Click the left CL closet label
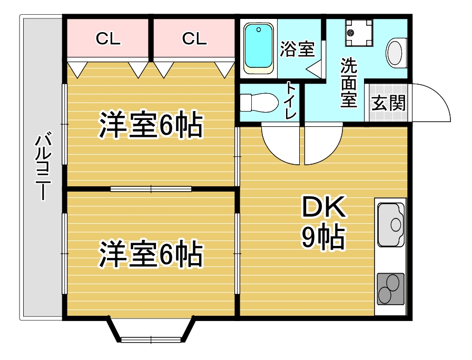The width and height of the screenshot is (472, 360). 108,38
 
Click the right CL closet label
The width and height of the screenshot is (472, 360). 194,38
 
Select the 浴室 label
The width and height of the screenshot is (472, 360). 297,49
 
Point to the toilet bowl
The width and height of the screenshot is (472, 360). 258,102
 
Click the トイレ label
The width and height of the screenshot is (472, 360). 291,101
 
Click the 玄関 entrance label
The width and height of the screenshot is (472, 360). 389,103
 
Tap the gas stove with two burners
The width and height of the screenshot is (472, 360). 390,288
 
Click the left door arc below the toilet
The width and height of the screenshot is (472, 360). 281,144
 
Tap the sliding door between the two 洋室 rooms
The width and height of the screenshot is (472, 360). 151,187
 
